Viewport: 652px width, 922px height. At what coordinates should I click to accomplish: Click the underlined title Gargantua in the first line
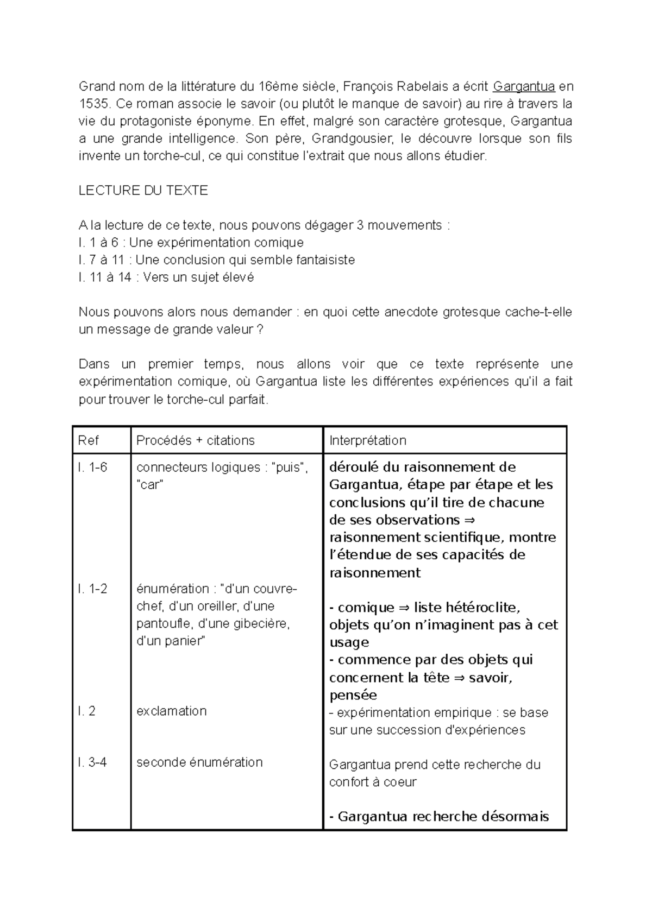[524, 86]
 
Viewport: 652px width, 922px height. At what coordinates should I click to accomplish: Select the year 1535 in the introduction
[93, 104]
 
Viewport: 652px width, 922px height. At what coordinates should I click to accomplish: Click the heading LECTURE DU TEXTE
[143, 191]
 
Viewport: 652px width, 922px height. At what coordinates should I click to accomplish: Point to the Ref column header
[89, 440]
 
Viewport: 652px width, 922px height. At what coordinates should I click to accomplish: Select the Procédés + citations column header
[195, 440]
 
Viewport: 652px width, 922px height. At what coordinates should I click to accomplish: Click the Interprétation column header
[367, 440]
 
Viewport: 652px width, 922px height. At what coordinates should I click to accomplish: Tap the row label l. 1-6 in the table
[92, 468]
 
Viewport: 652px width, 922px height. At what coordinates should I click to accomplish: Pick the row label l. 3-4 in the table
[92, 762]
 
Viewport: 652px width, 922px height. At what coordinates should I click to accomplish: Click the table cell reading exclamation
[171, 711]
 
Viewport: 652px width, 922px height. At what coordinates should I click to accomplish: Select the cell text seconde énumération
[199, 762]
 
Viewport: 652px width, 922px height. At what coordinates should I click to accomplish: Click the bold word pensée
[353, 695]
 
